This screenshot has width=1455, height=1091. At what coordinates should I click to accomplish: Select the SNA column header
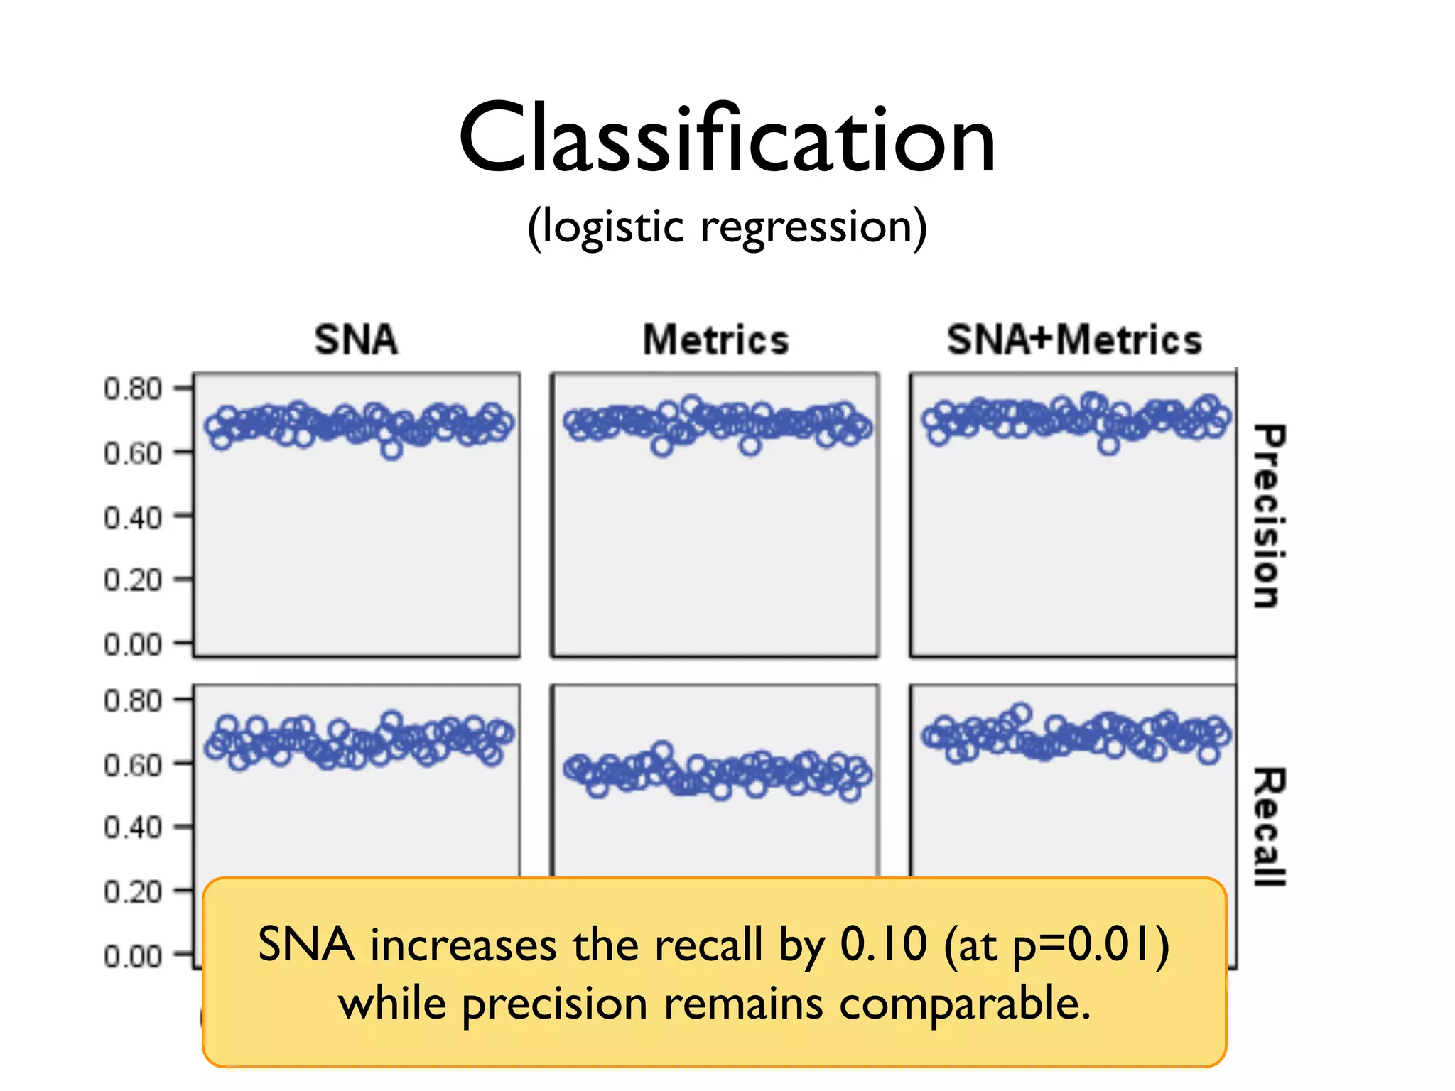coord(356,340)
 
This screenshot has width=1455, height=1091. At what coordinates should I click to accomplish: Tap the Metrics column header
coord(716,340)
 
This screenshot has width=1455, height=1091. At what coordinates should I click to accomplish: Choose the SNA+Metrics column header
coord(1074,340)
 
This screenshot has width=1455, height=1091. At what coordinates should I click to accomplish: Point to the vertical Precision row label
coord(1269,516)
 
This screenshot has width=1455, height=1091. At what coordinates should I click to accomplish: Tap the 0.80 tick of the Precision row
coord(133,389)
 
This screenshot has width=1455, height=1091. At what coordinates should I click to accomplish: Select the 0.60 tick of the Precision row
coord(133,452)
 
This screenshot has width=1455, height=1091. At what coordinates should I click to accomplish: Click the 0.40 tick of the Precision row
coord(133,517)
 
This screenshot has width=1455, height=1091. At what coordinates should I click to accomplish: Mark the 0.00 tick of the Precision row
coord(133,644)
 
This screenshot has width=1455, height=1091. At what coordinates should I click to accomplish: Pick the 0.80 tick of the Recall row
coord(133,700)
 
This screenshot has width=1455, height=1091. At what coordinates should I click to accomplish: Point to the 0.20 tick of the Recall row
coord(133,891)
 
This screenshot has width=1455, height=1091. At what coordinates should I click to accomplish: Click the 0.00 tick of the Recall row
coord(133,956)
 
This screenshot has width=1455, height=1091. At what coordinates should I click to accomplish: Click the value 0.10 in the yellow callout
coord(884,945)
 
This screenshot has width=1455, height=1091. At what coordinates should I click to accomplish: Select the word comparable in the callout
coord(964,1004)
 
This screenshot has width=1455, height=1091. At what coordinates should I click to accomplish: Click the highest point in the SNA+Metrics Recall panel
coord(1021,712)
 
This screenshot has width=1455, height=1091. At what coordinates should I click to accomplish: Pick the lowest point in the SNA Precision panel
coord(391,450)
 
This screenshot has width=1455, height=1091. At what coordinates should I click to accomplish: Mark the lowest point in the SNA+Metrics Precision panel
coord(1109,445)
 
